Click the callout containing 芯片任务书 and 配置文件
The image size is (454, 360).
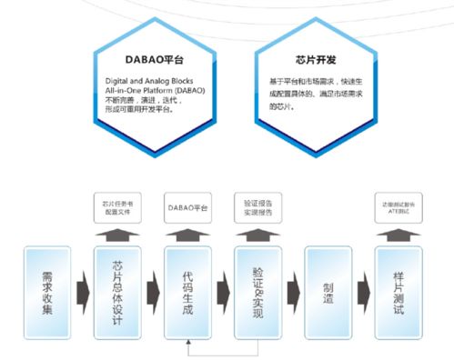pyautogui.click(x=116, y=207)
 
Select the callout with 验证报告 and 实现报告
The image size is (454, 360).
pyautogui.click(x=257, y=207)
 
